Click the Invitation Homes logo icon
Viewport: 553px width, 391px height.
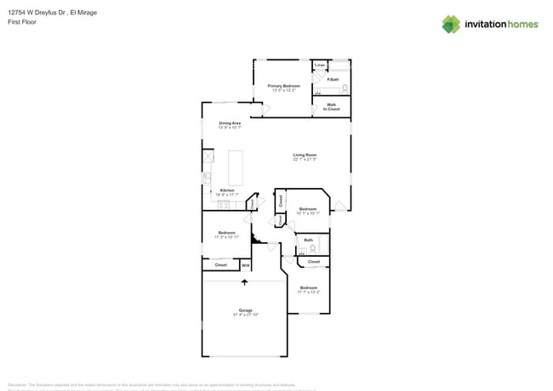click(451, 24)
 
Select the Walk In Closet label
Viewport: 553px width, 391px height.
click(332, 107)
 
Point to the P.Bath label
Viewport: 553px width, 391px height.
click(332, 81)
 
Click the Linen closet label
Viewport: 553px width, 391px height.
click(320, 65)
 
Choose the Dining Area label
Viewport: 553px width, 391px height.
click(230, 125)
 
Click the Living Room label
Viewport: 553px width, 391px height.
click(305, 156)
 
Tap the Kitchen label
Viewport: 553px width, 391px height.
click(227, 191)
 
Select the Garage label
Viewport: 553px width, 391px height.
click(245, 311)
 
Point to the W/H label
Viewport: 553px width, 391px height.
click(245, 266)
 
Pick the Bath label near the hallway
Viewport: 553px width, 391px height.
click(308, 241)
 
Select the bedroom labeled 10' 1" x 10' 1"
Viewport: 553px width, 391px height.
click(308, 211)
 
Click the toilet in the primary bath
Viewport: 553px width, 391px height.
click(345, 88)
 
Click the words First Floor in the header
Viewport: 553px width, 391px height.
click(20, 22)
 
